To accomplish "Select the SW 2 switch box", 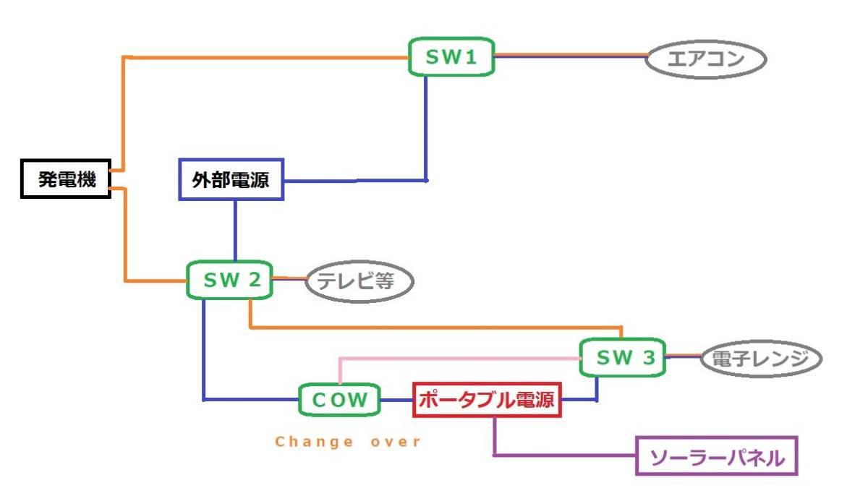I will point(229,280).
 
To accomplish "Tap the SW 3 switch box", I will point(622,356).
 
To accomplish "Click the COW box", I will point(340,399).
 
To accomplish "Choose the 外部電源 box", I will point(231,179).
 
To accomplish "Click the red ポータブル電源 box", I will point(488,399).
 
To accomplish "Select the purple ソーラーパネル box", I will point(716,456).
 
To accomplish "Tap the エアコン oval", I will point(705,59).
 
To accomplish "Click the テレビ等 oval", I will point(359,281).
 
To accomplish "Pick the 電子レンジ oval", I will point(762,359).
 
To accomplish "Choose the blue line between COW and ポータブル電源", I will point(397,400).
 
